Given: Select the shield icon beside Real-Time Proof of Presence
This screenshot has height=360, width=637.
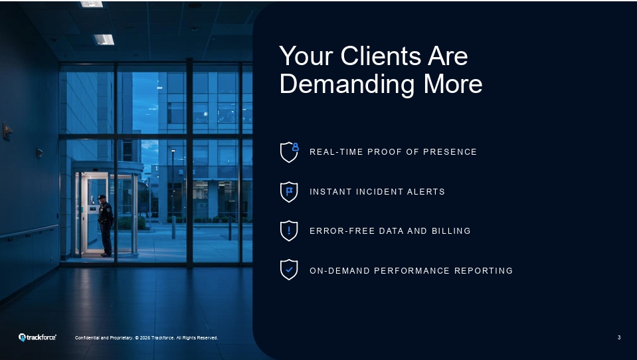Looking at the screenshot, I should pos(289,151).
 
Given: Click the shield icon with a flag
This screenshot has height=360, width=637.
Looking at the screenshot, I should pos(289,191).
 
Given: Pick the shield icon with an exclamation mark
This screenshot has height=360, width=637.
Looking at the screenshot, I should pos(289,230).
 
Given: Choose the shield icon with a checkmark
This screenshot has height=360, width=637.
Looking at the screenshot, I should pos(289,270).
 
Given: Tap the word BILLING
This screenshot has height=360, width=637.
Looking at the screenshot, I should pos(452,231).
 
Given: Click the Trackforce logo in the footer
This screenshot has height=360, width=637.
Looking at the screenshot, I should pos(37,337).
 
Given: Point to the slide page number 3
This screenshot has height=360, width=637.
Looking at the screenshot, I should pos(619,337).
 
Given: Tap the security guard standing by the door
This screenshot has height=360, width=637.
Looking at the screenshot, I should pos(105,225).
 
